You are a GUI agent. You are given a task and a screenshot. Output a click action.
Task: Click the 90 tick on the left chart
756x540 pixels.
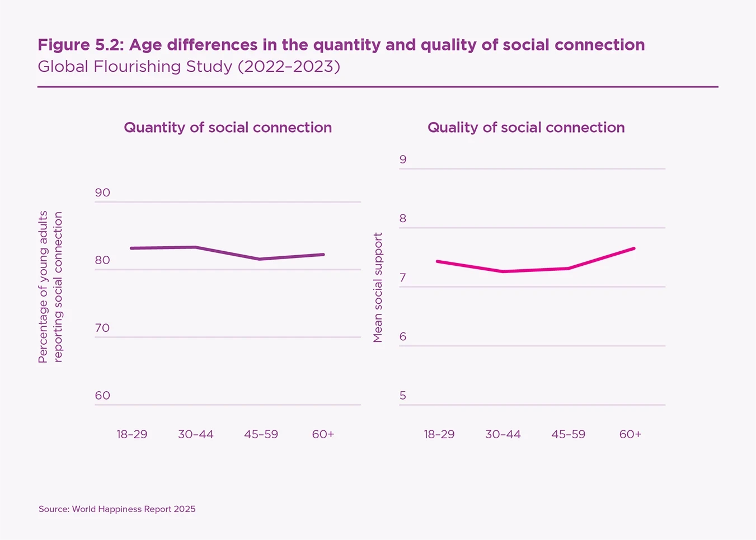click(x=102, y=193)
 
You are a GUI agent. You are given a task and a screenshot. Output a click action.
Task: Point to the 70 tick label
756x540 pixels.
click(x=102, y=328)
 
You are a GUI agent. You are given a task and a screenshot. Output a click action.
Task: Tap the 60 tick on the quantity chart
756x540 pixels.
click(x=102, y=396)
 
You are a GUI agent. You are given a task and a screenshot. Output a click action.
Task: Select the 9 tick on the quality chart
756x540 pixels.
click(x=403, y=159)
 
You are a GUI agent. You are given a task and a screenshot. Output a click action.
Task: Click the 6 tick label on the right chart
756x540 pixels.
click(x=403, y=337)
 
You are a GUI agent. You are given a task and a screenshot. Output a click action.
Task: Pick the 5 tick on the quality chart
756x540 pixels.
click(x=403, y=396)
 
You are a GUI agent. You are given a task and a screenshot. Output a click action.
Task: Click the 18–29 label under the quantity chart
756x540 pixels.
click(x=132, y=434)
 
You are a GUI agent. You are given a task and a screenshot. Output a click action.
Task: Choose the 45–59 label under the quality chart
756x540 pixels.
click(x=568, y=434)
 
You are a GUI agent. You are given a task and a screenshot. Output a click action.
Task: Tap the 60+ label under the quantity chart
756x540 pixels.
click(x=323, y=434)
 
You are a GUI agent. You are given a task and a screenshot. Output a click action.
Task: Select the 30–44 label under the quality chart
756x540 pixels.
click(x=503, y=434)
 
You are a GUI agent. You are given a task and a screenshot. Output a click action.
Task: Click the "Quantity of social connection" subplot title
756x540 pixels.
click(x=228, y=128)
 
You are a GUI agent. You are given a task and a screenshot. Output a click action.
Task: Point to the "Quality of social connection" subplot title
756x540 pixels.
click(x=526, y=128)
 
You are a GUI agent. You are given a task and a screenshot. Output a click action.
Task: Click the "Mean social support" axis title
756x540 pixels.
click(x=378, y=288)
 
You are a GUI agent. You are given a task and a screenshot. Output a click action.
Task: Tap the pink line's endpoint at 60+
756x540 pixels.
click(x=633, y=248)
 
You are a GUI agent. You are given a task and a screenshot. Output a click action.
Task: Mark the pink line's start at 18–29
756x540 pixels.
click(x=438, y=261)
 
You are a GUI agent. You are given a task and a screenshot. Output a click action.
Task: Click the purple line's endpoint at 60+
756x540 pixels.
click(x=323, y=255)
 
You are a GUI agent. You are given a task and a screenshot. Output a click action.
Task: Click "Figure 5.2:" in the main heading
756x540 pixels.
click(x=81, y=45)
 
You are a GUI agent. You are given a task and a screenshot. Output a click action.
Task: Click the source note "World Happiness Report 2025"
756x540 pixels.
click(x=134, y=509)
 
